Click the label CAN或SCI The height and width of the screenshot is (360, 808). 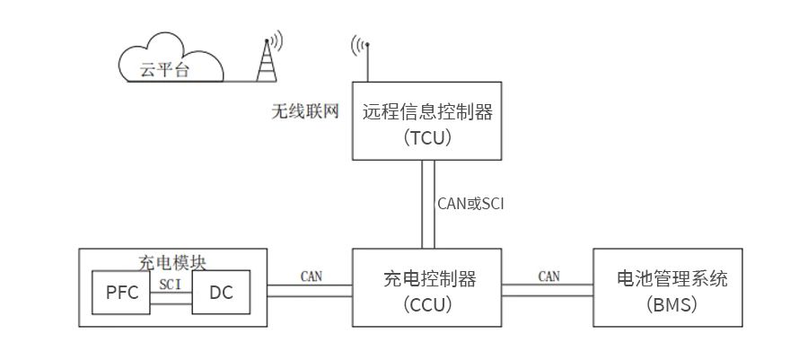(x=470, y=204)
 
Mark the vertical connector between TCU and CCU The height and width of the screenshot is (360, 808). (x=428, y=205)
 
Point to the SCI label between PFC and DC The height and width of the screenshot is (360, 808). (x=171, y=283)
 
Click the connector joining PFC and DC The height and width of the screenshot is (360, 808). (x=171, y=298)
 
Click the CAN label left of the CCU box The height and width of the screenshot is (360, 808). (x=312, y=275)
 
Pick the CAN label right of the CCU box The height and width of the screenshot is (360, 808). (x=549, y=276)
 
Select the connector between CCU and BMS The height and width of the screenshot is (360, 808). (x=548, y=289)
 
